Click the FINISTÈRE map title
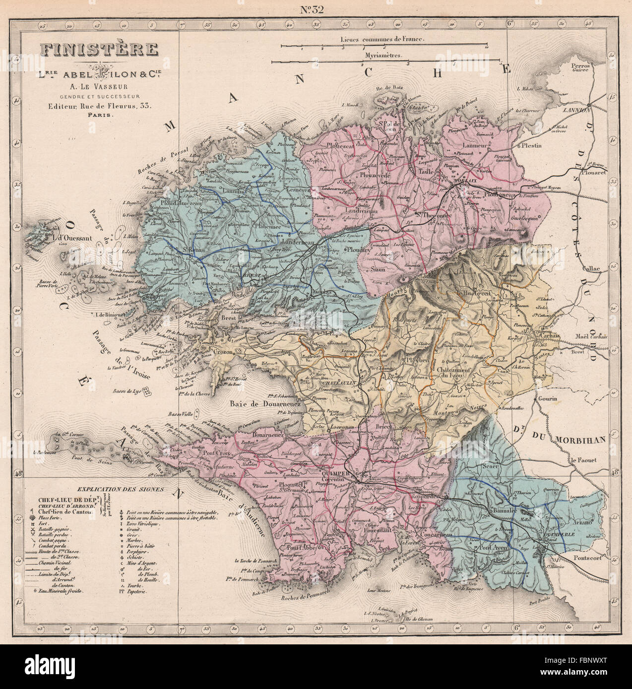click(x=99, y=50)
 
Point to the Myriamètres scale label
click(x=383, y=56)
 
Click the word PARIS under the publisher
click(x=101, y=115)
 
